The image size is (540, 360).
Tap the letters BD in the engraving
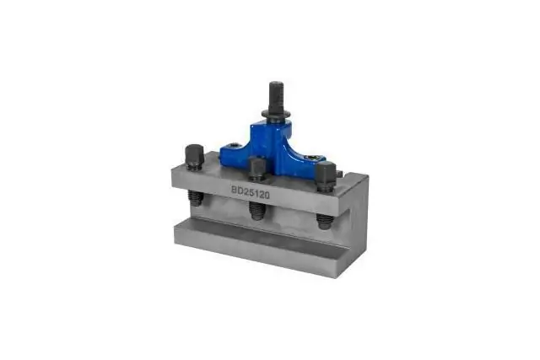(x=239, y=190)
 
